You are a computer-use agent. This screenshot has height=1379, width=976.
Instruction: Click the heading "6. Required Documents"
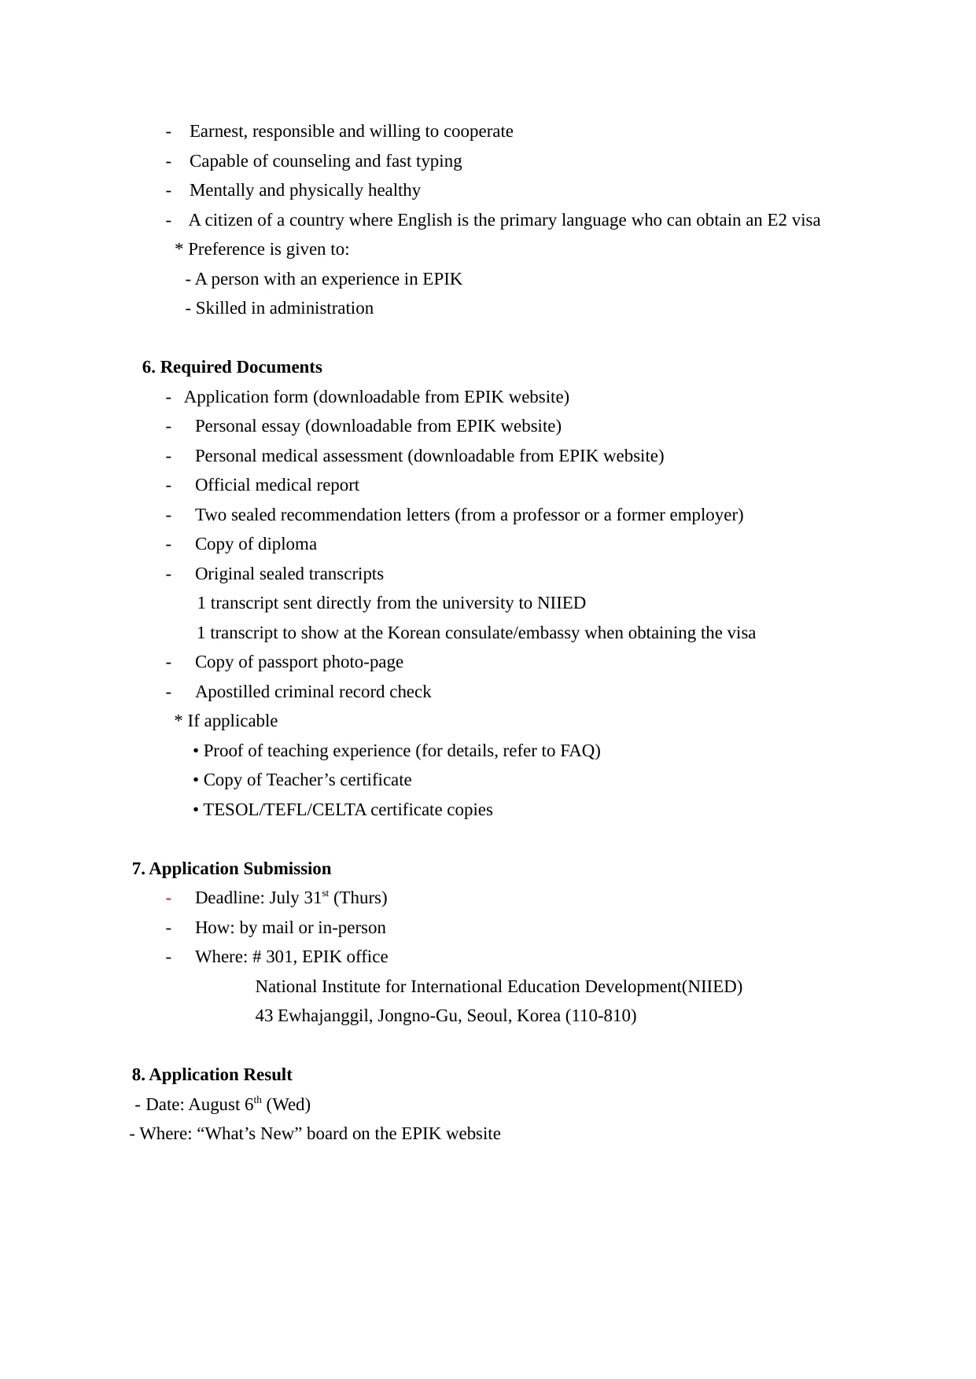[232, 367]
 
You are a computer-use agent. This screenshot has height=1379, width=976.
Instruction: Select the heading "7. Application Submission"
[231, 869]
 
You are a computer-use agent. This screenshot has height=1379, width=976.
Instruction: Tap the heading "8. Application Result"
[212, 1075]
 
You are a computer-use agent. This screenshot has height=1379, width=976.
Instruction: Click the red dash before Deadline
[168, 899]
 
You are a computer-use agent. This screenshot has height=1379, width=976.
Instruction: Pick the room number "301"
[279, 957]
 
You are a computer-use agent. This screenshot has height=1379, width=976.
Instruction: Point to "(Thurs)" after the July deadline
[360, 898]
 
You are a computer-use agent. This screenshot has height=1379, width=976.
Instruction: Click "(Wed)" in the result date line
[289, 1105]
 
